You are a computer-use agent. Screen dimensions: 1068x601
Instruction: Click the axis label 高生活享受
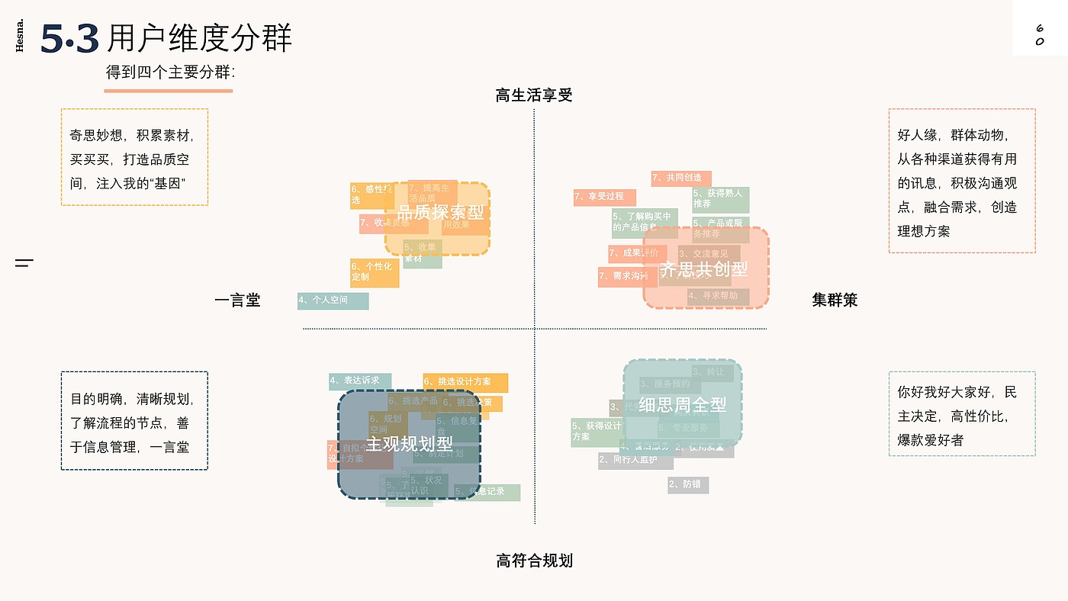(x=533, y=95)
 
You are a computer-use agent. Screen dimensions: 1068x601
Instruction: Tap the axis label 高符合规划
(x=534, y=561)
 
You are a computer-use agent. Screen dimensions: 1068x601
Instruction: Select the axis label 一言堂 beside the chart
(x=237, y=300)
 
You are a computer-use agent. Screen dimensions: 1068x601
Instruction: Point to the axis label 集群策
(x=835, y=300)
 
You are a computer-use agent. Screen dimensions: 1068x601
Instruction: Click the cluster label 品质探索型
(x=441, y=213)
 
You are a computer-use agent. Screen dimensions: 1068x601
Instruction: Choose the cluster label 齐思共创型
(x=703, y=268)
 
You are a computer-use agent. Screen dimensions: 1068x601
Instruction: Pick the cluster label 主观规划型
(x=410, y=443)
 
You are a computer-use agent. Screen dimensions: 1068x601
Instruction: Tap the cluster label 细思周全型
(x=683, y=404)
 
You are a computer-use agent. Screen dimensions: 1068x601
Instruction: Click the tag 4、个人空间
(x=333, y=300)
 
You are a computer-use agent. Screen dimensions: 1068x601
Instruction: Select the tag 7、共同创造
(x=680, y=178)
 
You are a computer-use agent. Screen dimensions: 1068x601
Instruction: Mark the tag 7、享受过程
(x=604, y=197)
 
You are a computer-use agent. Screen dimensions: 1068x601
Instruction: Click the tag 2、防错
(x=688, y=484)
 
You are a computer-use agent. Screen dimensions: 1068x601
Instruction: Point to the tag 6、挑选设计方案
(x=465, y=382)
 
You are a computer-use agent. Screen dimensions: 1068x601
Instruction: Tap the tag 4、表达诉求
(x=359, y=381)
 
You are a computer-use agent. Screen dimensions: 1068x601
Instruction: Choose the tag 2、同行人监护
(x=635, y=460)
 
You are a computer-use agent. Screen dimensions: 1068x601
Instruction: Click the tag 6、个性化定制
(x=374, y=272)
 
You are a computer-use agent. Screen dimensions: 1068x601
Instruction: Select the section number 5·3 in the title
(x=69, y=39)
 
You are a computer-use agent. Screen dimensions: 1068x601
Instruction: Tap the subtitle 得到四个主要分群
(x=170, y=72)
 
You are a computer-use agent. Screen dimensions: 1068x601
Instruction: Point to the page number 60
(x=1039, y=34)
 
